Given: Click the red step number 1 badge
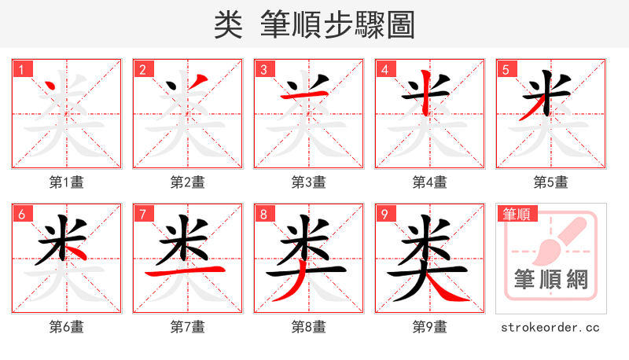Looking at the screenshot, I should pos(22,70).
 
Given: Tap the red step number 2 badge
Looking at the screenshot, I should pos(143,70).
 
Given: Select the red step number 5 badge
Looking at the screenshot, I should pos(506,70).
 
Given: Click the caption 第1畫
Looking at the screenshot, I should pos(67,182).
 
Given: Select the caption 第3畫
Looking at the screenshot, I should pos(309,182).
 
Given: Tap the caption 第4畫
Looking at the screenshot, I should pos(430,182).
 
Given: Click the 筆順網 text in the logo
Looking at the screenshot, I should pos(551,279).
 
